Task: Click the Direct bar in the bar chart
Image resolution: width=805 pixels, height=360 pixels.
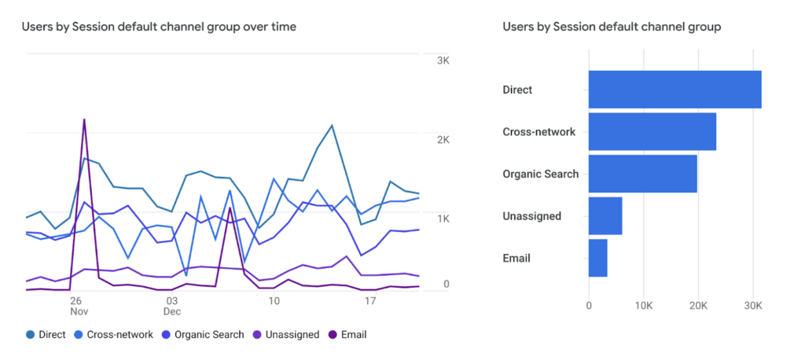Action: pos(675,90)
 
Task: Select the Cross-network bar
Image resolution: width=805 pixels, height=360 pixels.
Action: pos(652,131)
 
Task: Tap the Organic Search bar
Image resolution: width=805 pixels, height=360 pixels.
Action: pos(643,174)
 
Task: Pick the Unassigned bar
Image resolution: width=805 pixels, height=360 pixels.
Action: pos(605,215)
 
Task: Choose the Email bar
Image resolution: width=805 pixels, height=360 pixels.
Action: pos(598,258)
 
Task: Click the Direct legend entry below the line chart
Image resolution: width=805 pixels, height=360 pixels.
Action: pos(46,335)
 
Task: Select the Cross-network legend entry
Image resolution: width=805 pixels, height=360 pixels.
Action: pos(113,335)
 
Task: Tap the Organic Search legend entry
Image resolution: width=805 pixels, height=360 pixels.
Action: pos(203,335)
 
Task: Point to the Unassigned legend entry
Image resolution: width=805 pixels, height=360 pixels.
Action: pos(286,335)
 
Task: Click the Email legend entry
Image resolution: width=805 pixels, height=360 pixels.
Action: pos(347,335)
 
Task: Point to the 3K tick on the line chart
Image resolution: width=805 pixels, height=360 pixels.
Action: pos(443,61)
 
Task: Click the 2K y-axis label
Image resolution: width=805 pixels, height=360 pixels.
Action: pos(443,140)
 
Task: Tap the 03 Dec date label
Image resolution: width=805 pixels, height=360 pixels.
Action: pos(172,306)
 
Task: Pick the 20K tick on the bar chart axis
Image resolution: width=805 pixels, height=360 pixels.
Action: pos(698,305)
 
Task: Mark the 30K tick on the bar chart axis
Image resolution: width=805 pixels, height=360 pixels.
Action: pos(753,305)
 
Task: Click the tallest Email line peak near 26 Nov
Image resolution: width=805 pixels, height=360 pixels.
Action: pos(83,119)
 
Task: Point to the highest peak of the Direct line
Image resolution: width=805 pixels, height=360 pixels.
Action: pos(333,125)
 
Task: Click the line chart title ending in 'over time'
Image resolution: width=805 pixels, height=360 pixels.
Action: pos(159,28)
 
